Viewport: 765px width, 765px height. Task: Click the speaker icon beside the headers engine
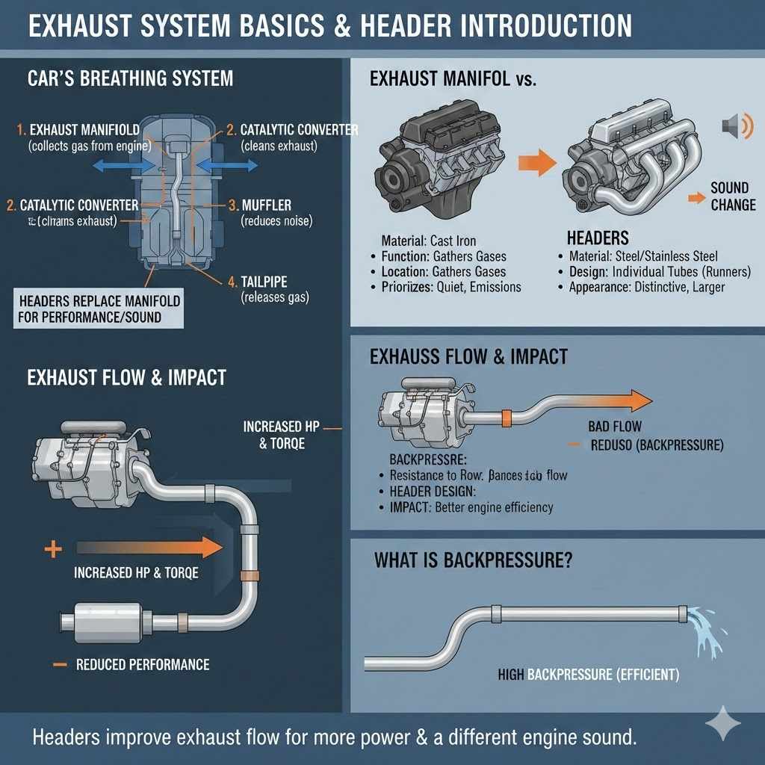[x=732, y=128]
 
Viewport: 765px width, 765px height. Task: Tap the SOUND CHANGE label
[x=733, y=196]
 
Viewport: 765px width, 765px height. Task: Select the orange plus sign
[x=52, y=551]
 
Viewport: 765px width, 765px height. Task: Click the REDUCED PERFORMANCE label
[x=143, y=664]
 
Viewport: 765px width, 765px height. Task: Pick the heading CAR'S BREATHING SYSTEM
[x=130, y=78]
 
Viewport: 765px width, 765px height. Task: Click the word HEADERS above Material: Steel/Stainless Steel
[x=598, y=238]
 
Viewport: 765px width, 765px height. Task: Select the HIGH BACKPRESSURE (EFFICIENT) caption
[x=589, y=675]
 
